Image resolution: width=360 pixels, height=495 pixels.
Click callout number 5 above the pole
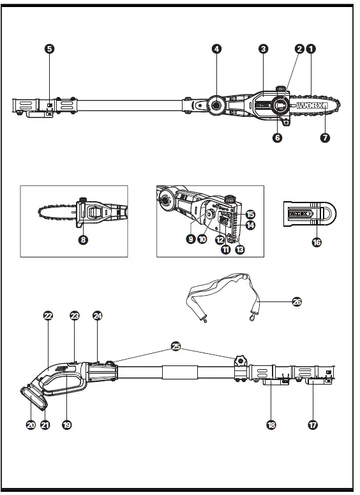click(50, 49)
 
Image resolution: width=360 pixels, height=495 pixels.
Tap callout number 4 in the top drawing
click(217, 49)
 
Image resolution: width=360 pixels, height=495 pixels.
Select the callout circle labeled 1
click(311, 49)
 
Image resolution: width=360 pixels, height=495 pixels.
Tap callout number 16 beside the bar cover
click(317, 243)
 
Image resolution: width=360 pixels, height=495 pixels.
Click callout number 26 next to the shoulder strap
click(296, 301)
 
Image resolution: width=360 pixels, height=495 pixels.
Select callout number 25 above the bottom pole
click(176, 346)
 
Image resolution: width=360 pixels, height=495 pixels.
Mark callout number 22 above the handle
click(48, 316)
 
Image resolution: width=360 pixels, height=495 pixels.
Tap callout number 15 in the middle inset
click(250, 214)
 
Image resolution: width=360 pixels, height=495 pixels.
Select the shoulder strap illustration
click(217, 291)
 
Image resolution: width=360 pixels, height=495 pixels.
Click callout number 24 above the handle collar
click(98, 316)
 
